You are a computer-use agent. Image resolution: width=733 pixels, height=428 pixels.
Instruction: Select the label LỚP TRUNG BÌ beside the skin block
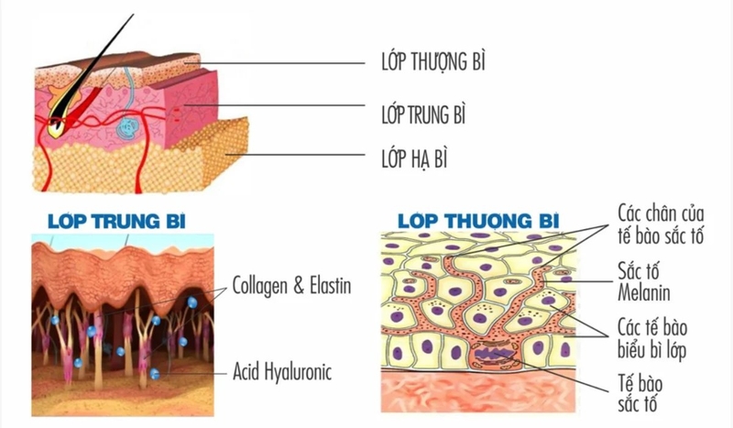422,115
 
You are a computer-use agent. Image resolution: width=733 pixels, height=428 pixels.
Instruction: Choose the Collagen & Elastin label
291,284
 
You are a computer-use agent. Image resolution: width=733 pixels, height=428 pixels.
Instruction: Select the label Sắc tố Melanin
639,282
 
